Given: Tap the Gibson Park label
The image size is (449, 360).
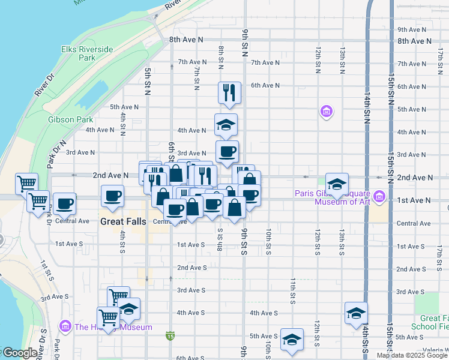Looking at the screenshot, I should point(71,119).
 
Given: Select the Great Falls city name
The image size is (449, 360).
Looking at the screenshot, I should point(123,221).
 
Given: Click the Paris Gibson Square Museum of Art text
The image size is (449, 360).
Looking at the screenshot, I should point(331,197).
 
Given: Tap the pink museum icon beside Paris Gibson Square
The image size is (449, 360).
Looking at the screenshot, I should point(379,196).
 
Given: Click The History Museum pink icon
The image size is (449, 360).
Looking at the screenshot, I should point(65,326).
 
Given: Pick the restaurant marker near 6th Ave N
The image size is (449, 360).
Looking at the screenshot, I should point(229,92).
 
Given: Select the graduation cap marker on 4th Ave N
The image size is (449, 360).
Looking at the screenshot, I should point(226,125).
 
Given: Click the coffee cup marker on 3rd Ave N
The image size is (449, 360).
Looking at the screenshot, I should point(226,152).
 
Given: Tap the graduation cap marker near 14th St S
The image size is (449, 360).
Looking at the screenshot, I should point(356,313).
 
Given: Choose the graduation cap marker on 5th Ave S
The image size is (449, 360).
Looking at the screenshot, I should point(292,340).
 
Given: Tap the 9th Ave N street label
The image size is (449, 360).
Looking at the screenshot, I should point(411,29).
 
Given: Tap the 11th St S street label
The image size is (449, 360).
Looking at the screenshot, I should point(293,290).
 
